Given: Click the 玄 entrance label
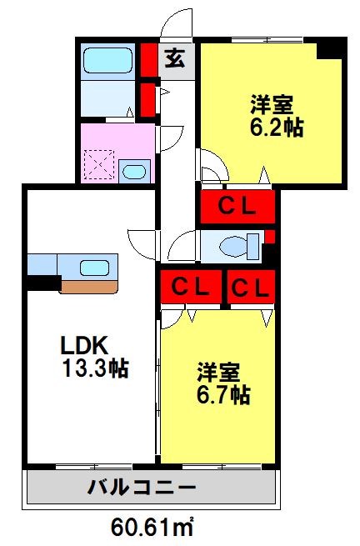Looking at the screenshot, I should click(174, 58).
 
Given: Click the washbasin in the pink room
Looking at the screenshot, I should click(132, 173).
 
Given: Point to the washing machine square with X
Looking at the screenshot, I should click(102, 164).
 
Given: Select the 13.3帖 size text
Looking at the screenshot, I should click(93, 368).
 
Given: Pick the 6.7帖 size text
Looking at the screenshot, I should click(223, 395).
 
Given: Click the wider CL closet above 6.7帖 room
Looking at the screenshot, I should click(190, 288).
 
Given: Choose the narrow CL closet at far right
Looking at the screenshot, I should click(251, 288).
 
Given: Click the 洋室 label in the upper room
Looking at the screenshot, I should click(274, 104).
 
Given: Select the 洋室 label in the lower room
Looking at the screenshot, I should click(219, 369).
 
